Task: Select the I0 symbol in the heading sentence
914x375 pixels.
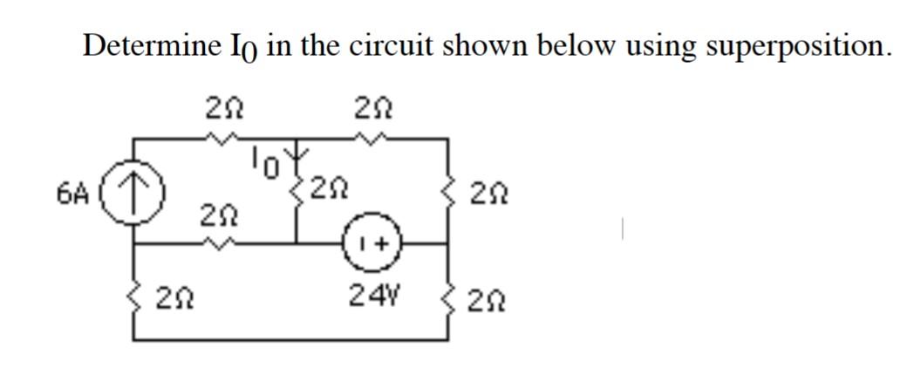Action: click(x=238, y=47)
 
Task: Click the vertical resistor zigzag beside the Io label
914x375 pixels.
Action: click(x=300, y=187)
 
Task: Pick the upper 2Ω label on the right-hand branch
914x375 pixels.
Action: click(x=482, y=189)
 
